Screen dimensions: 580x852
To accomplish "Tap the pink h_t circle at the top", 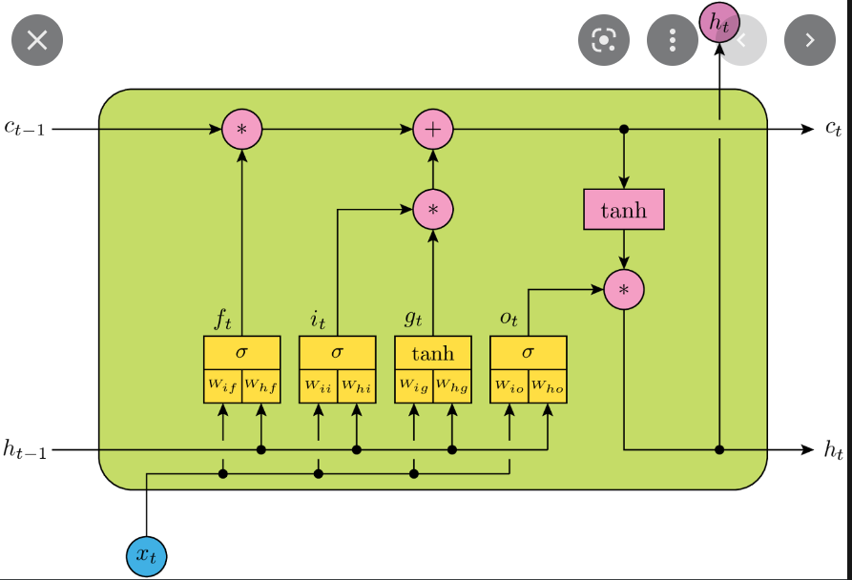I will [718, 22].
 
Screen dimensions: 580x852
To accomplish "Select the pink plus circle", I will [432, 129].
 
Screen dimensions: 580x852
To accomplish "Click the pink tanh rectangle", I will [623, 209].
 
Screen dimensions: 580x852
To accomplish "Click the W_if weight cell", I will [222, 385].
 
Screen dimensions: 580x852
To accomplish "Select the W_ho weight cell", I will [548, 385].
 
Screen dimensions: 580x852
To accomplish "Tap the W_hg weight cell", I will [452, 385].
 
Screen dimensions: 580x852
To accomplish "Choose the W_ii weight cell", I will [318, 385].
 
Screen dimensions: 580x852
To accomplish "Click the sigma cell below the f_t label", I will [241, 352].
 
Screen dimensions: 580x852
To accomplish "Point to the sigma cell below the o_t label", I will [528, 352].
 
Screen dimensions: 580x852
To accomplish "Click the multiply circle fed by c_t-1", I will [241, 129].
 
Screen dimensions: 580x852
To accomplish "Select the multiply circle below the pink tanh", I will [623, 289].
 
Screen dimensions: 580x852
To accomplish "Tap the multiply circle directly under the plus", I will [432, 209].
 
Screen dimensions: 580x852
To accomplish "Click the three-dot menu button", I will [673, 39].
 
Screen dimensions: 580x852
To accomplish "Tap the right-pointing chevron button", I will [809, 39].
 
